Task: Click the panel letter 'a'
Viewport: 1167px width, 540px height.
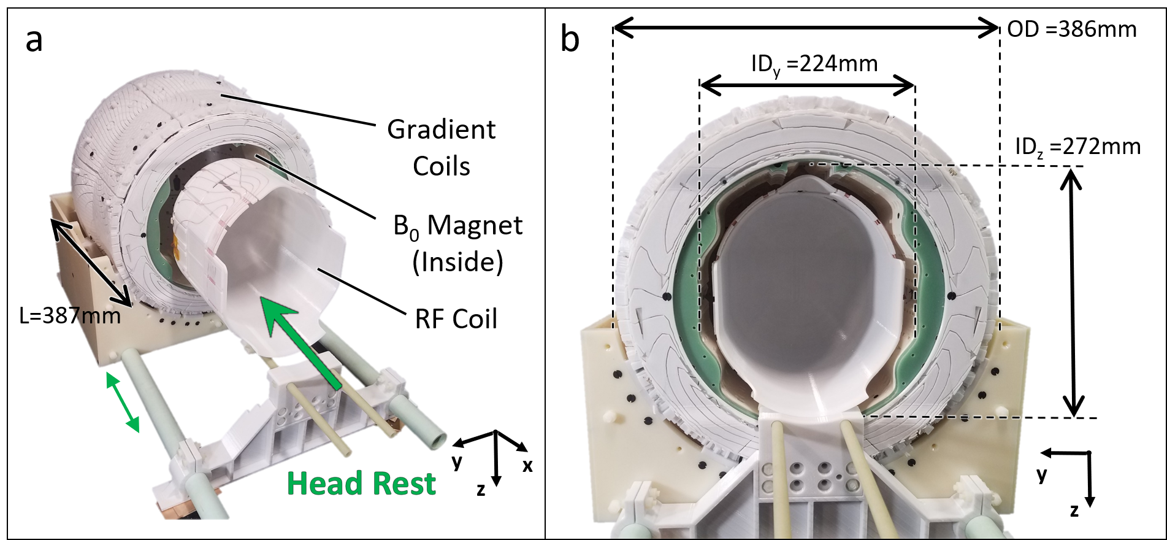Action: click(x=34, y=40)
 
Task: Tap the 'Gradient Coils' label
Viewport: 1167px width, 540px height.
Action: click(x=442, y=147)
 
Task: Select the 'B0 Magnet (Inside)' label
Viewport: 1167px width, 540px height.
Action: click(x=457, y=243)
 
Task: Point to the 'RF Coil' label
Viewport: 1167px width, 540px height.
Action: click(x=456, y=319)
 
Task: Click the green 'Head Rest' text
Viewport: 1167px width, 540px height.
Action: click(x=361, y=484)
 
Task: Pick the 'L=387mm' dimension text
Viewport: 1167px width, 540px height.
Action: click(x=70, y=316)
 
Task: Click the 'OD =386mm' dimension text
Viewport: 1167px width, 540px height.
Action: click(x=1072, y=29)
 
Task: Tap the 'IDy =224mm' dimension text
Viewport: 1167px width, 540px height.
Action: click(x=814, y=64)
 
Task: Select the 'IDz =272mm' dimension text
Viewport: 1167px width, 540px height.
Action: click(x=1078, y=147)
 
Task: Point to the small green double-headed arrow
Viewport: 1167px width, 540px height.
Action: click(x=123, y=402)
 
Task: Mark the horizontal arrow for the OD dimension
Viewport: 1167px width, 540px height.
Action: click(x=806, y=28)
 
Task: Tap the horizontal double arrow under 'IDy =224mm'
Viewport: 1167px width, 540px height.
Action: click(x=807, y=85)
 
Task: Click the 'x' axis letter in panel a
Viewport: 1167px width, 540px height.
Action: click(x=527, y=466)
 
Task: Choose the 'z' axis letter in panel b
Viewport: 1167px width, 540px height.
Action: click(x=1074, y=511)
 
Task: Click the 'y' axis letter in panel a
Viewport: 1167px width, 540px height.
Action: click(x=457, y=461)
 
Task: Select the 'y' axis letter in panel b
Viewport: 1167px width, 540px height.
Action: click(x=1042, y=474)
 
